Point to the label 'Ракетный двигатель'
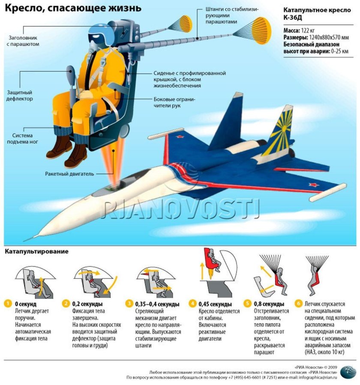pos(69,174)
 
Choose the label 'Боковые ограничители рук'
pos(174,102)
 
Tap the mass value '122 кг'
pos(311,30)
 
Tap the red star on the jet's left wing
pos(179,138)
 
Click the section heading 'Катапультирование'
pos(36,252)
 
